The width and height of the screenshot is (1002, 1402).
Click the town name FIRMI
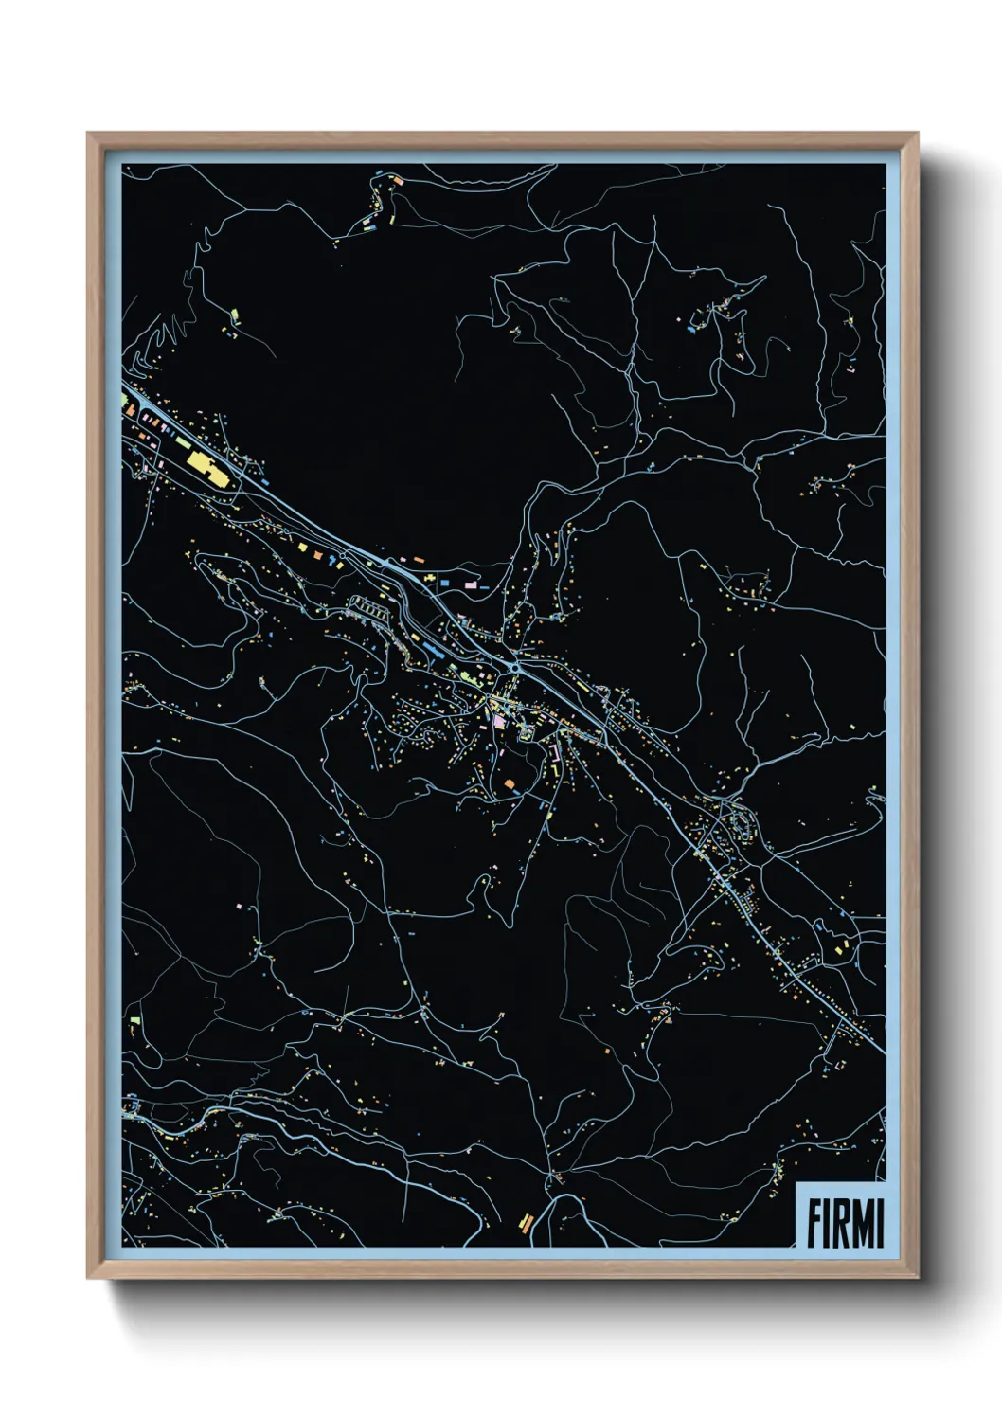pos(845,1223)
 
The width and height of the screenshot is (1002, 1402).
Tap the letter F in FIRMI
pos(814,1223)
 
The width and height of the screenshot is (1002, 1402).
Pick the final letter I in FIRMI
pos(880,1223)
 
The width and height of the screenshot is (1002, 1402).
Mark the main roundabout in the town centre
pos(512,667)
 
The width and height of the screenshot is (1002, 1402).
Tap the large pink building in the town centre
pos(499,722)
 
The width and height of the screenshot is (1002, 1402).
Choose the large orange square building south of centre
pos(510,784)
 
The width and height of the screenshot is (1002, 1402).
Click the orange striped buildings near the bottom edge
pos(527,1222)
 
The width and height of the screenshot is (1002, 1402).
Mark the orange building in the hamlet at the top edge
pos(399,179)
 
